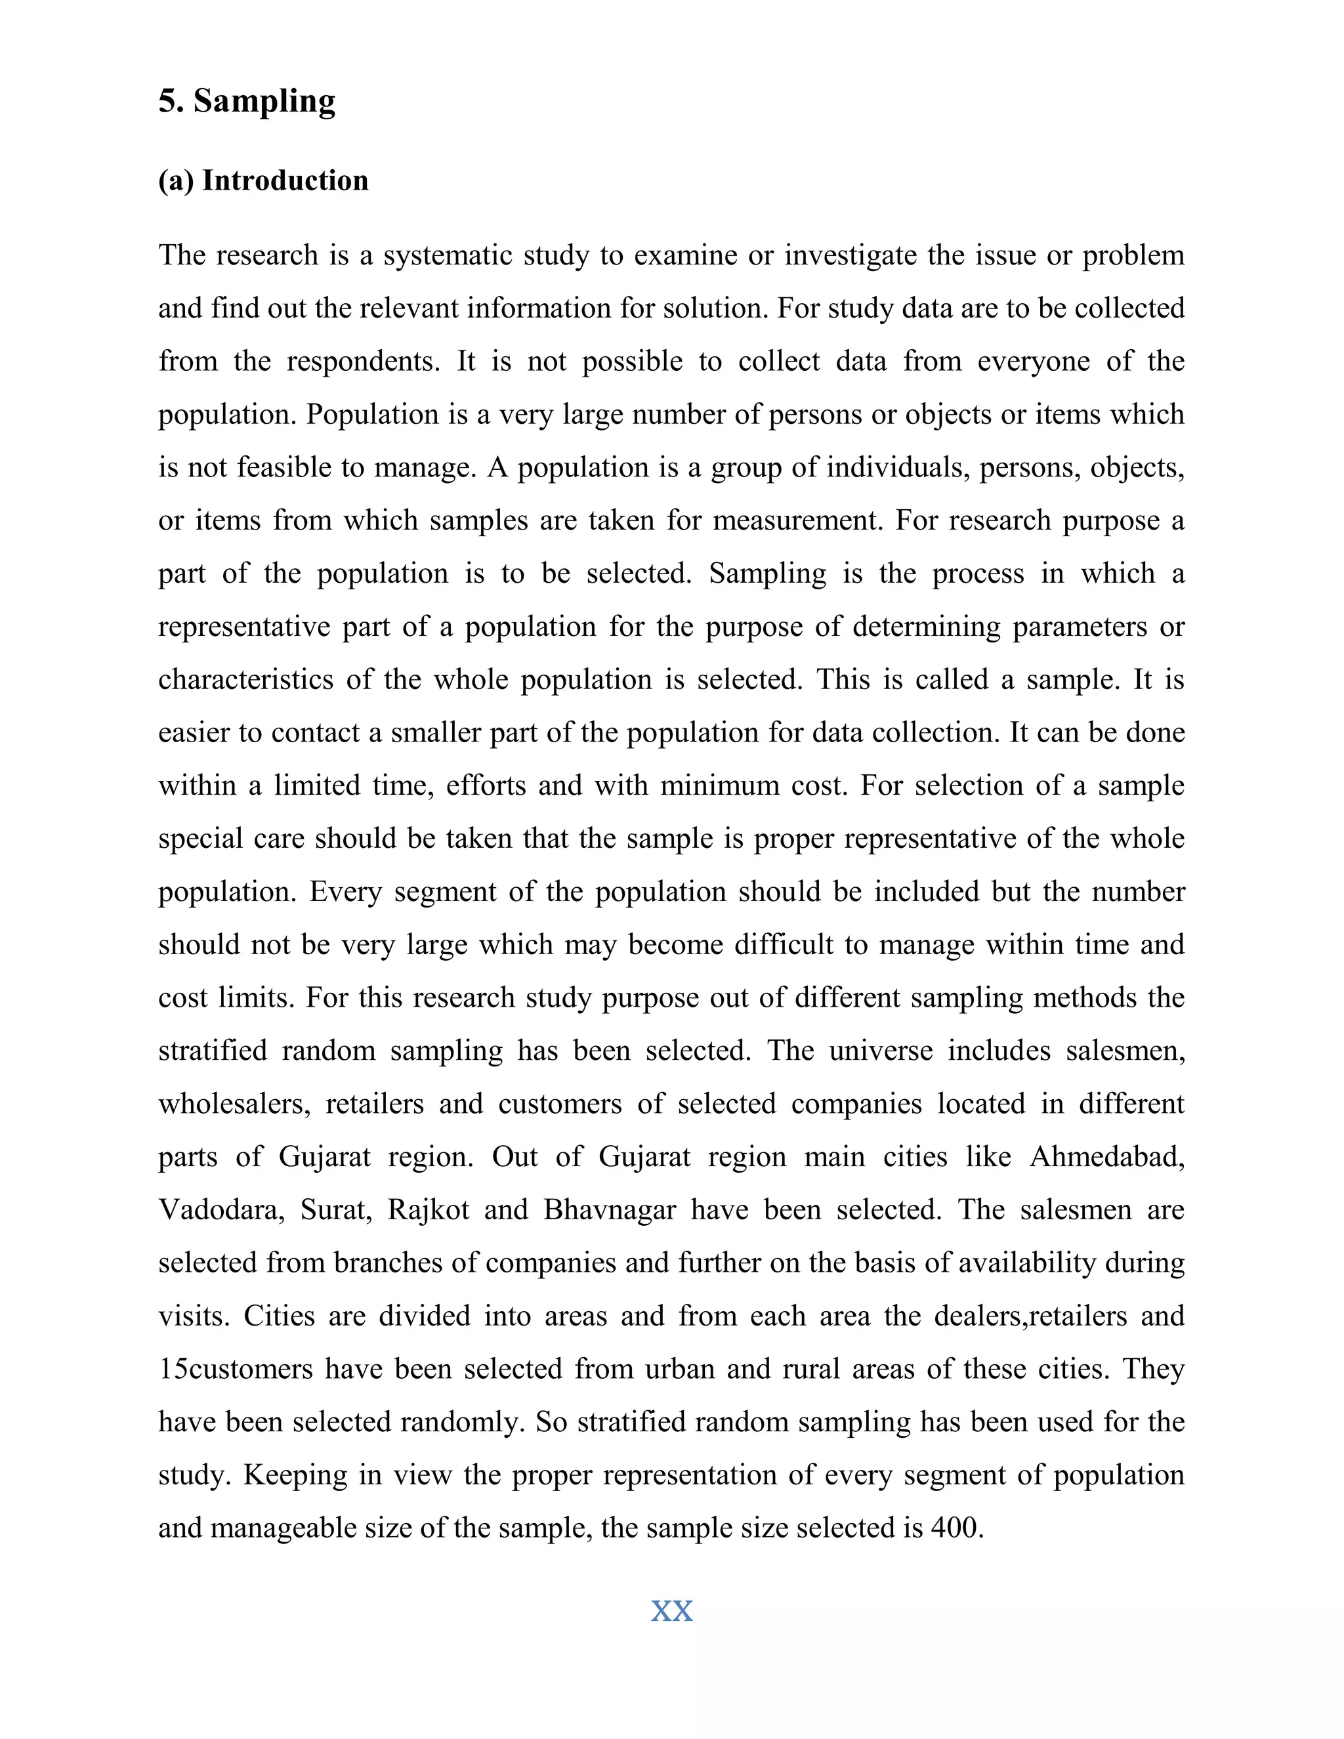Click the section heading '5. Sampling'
pos(247,101)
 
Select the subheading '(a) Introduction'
pos(264,180)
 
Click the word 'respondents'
pos(362,362)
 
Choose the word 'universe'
pos(881,1051)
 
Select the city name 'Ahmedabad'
pos(1106,1157)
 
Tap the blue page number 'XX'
pos(672,1611)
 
